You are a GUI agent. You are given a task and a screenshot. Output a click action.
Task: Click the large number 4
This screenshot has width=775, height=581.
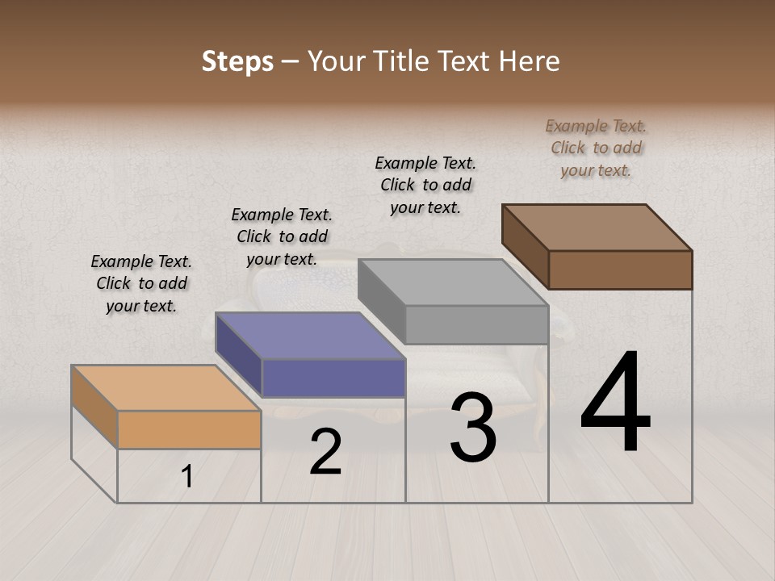pos(615,403)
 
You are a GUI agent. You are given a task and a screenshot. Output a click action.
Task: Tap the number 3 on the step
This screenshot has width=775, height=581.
pos(473,428)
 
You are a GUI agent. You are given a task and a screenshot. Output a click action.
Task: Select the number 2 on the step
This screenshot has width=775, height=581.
pos(325,452)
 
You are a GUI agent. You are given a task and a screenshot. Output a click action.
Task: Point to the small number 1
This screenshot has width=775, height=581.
pos(187,477)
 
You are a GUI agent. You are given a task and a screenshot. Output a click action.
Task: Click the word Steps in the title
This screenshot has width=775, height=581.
pos(237,61)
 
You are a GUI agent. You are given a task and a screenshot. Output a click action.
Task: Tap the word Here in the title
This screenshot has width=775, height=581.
pos(530,61)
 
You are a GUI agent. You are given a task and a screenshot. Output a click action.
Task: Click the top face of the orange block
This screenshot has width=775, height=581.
pos(165,387)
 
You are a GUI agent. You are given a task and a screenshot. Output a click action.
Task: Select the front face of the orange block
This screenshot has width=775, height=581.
pos(189,429)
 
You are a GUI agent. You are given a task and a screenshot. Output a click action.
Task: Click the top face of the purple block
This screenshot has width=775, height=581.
pos(310,335)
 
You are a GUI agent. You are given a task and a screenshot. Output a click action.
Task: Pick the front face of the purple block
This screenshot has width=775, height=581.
pos(333,378)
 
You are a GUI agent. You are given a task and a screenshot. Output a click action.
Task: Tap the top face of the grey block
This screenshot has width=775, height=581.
pos(453,282)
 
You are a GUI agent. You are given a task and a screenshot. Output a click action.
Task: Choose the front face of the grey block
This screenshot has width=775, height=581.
pos(476,324)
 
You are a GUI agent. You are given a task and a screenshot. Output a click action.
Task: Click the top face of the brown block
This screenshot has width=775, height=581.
pos(597,227)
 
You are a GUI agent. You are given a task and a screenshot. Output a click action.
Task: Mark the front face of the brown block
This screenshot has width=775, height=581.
pos(620,270)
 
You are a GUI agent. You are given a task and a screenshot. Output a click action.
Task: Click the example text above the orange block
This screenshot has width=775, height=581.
pos(141,283)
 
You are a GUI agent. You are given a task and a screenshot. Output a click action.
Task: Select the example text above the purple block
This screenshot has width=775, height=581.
pos(282,236)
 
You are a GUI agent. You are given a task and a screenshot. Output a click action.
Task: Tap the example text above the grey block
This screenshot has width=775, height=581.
pos(425,185)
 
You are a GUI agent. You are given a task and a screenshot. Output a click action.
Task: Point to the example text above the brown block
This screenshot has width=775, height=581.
pos(596,148)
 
